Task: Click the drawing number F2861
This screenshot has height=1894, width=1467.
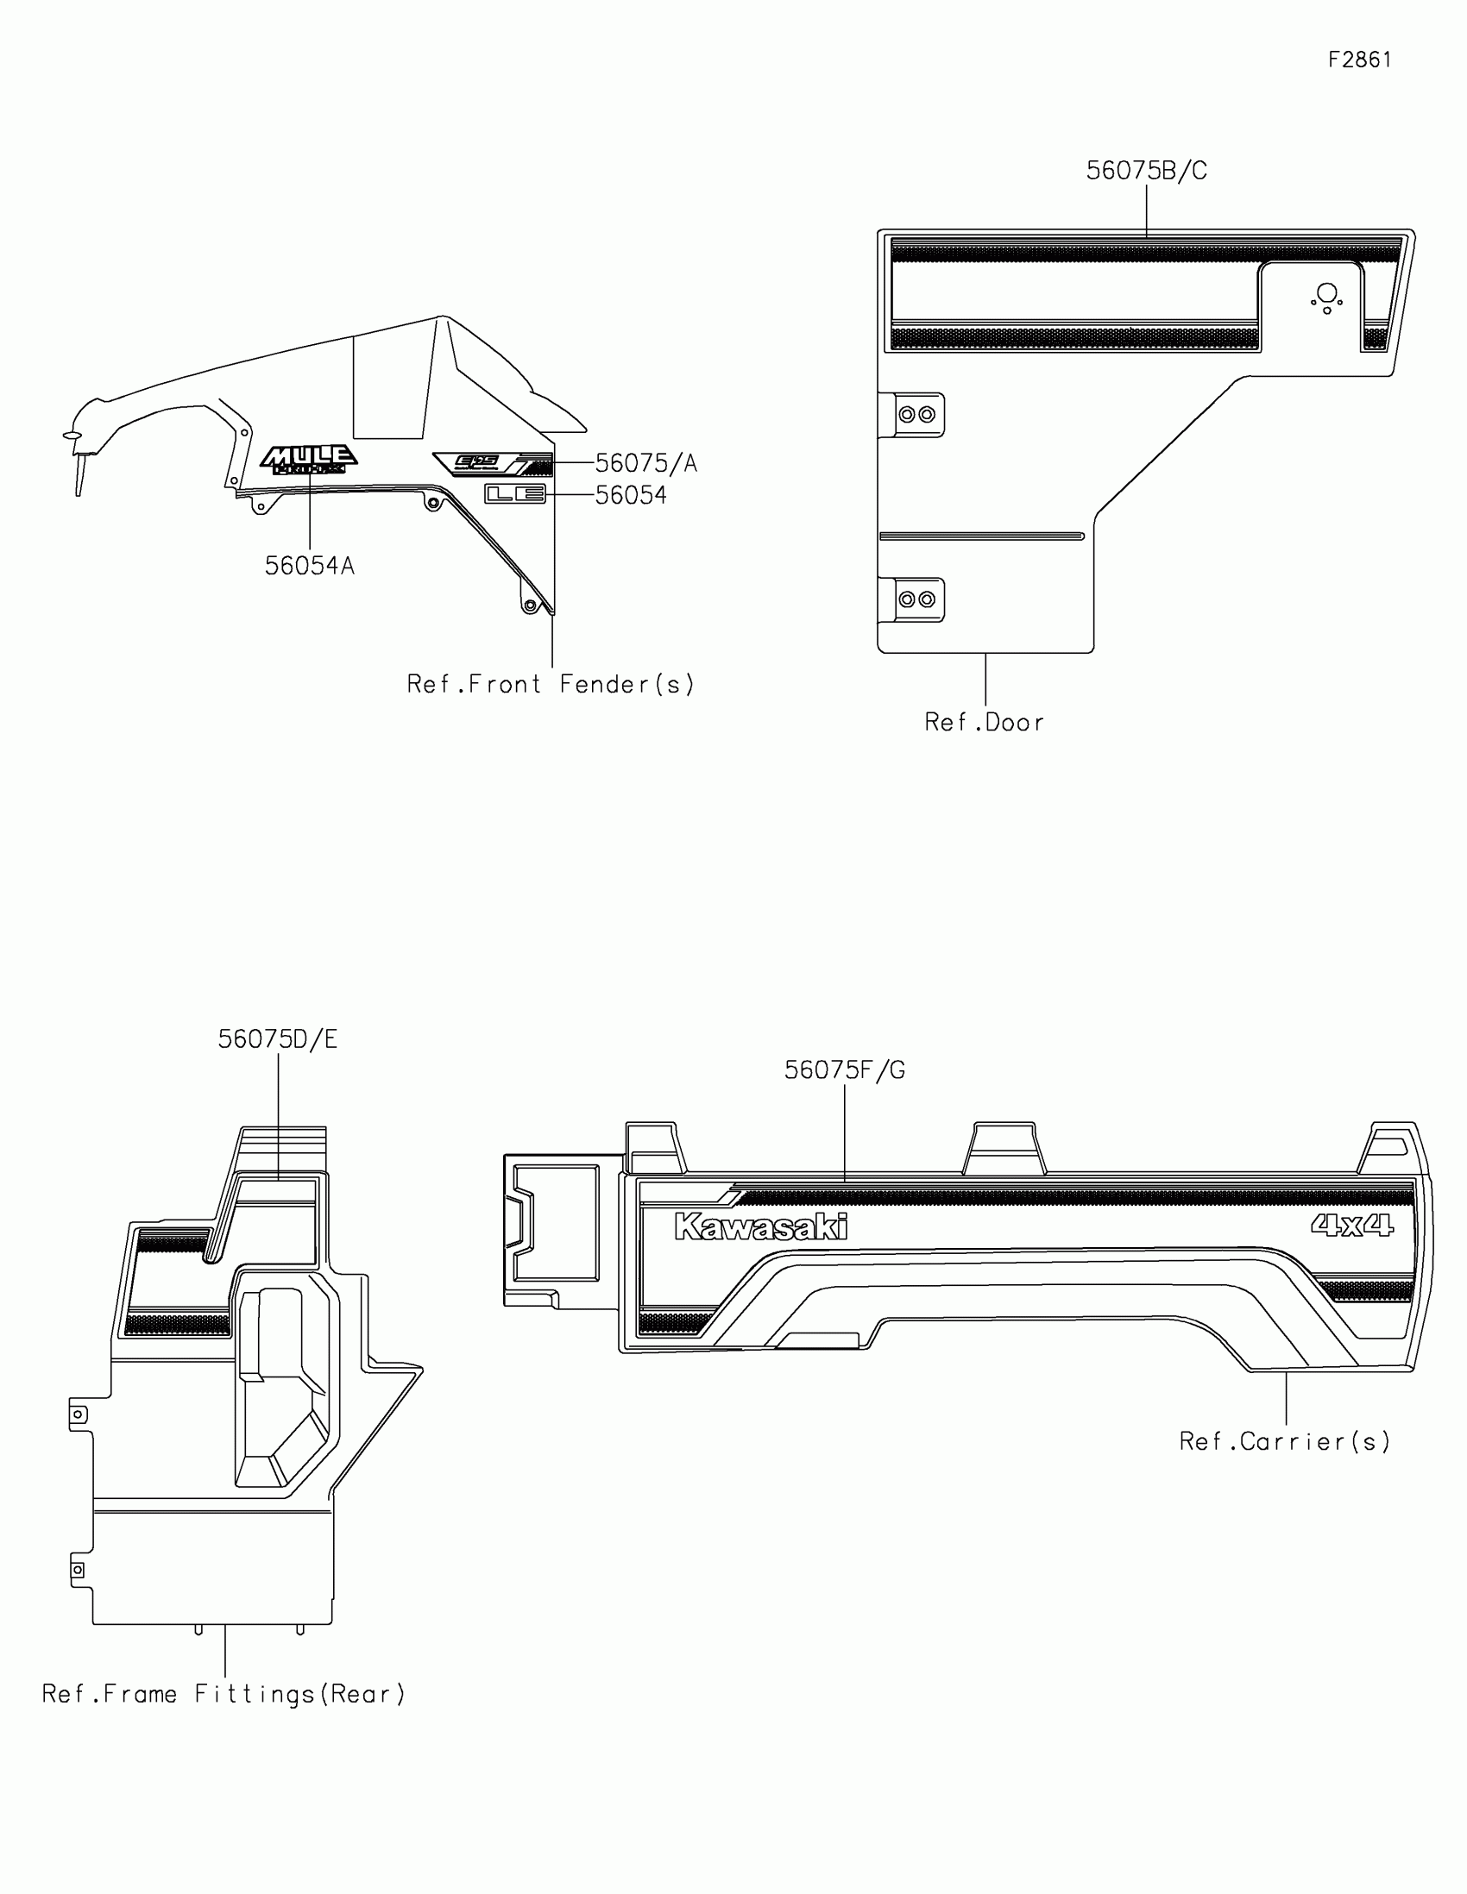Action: pyautogui.click(x=1359, y=60)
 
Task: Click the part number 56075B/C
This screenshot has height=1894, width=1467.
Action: pyautogui.click(x=1146, y=171)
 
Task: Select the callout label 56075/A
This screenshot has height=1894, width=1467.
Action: pyautogui.click(x=645, y=464)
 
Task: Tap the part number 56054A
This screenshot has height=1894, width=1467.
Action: pyautogui.click(x=309, y=567)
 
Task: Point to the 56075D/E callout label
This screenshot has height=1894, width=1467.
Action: pyautogui.click(x=278, y=1039)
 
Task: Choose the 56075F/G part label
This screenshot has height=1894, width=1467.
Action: pyautogui.click(x=844, y=1071)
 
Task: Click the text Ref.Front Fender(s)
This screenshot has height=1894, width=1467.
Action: pyautogui.click(x=551, y=685)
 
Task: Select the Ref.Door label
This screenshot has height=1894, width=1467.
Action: pyautogui.click(x=984, y=723)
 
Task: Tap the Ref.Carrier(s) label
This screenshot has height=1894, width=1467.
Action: pyautogui.click(x=1285, y=1441)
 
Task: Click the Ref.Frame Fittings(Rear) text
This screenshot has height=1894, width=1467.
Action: pyautogui.click(x=224, y=1694)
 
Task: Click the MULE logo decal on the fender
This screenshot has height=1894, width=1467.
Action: pyautogui.click(x=309, y=460)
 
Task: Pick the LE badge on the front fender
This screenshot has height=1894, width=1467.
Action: pyautogui.click(x=514, y=494)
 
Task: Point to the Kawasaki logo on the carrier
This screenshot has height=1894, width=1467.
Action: pyautogui.click(x=761, y=1226)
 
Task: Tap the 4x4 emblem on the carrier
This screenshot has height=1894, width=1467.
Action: pyautogui.click(x=1351, y=1225)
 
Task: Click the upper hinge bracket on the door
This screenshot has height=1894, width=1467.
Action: pyautogui.click(x=916, y=415)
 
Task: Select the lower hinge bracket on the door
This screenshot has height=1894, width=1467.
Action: pyautogui.click(x=916, y=599)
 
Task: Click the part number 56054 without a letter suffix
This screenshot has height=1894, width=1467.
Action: pyautogui.click(x=631, y=495)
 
